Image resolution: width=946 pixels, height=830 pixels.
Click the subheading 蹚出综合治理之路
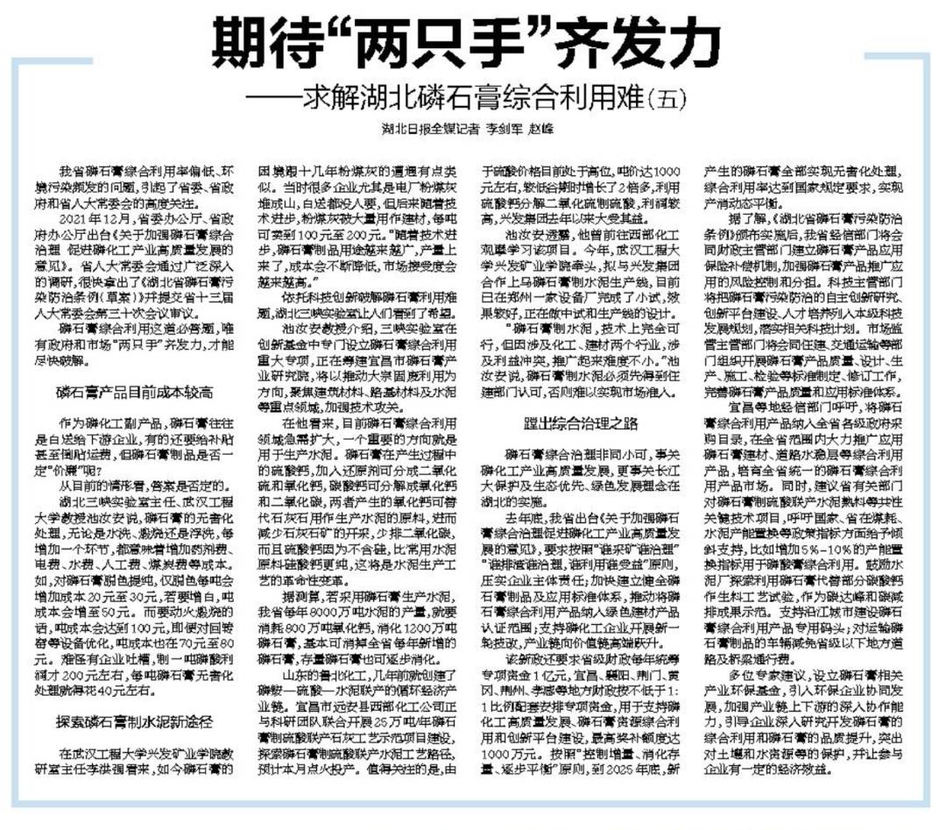tap(582, 425)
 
